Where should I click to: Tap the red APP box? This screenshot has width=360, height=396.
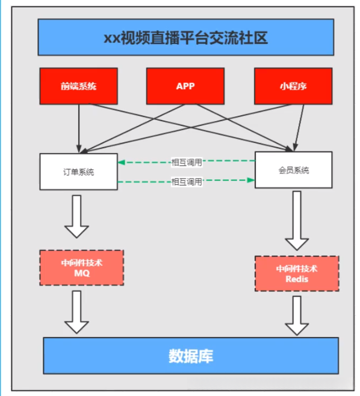(185, 86)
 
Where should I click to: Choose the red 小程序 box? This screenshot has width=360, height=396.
(293, 86)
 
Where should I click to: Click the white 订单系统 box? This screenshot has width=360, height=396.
(79, 172)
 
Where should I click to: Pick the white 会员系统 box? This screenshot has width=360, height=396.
(293, 171)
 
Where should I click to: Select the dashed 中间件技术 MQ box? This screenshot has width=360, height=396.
(81, 267)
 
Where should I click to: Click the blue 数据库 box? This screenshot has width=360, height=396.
(190, 356)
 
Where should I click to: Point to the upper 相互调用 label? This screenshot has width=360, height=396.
(187, 162)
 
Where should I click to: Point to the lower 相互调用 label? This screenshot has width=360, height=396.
(187, 181)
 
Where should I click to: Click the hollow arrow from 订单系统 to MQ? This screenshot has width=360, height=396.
(76, 216)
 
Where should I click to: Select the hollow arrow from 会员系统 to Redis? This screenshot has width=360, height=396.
(297, 220)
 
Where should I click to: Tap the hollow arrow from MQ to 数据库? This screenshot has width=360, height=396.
(76, 312)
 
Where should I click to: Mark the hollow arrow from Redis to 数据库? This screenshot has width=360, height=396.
(297, 315)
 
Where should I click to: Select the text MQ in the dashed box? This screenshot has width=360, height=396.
(81, 273)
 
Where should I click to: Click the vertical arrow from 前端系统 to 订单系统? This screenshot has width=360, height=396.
(79, 127)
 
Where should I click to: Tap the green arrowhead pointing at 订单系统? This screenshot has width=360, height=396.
(121, 162)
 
